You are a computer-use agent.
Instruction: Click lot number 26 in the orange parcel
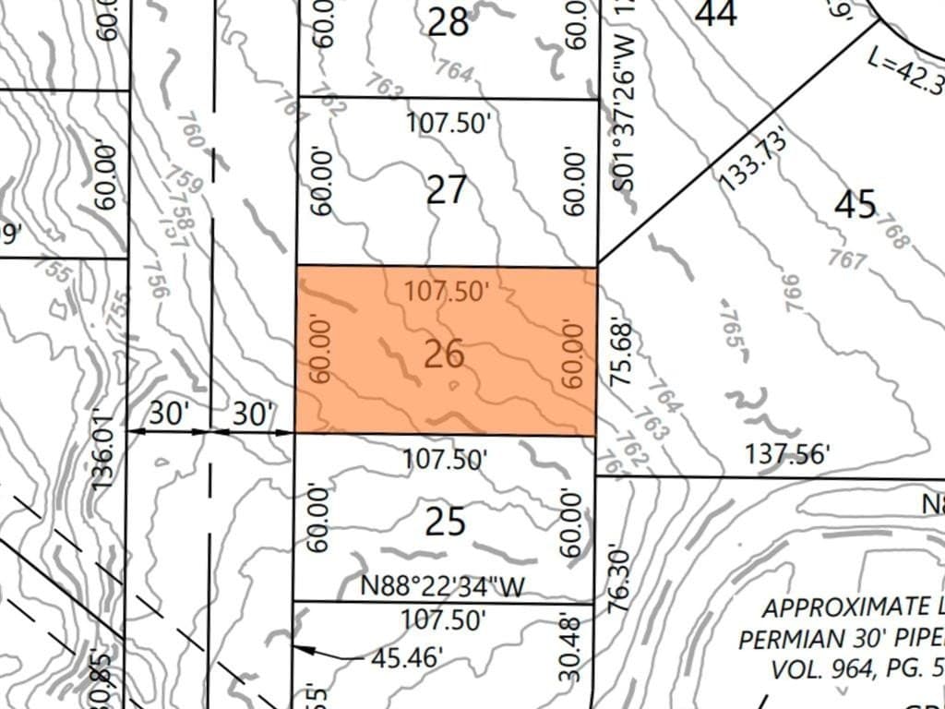(444, 354)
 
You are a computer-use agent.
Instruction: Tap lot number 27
(447, 191)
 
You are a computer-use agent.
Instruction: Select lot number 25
(446, 523)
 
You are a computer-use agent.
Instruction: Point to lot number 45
(855, 204)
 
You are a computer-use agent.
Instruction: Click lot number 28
(449, 22)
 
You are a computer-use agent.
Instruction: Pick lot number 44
(716, 13)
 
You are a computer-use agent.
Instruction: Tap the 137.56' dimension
(788, 453)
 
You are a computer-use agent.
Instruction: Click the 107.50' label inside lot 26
(446, 291)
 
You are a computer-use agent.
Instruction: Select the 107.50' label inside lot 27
(447, 124)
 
